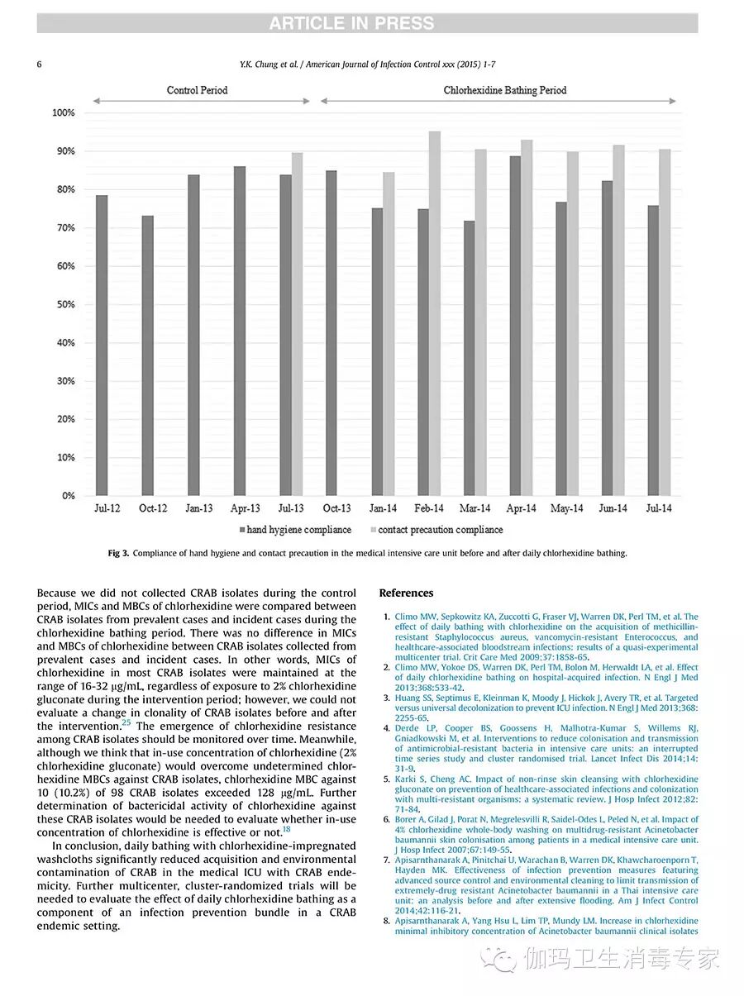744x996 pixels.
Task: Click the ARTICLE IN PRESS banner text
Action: click(351, 24)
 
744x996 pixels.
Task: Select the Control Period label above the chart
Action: click(197, 90)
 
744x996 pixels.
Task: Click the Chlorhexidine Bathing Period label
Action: click(505, 90)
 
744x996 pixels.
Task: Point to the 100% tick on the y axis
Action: click(64, 113)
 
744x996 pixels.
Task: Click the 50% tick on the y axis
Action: click(65, 305)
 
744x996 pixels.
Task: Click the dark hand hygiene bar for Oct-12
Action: click(147, 355)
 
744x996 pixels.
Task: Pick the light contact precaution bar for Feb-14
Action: click(435, 314)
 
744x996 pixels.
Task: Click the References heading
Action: click(406, 593)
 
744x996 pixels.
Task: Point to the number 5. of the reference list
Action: click(387, 779)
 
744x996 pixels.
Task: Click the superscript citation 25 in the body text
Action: click(126, 722)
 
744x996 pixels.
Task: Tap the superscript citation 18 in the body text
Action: click(287, 829)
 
